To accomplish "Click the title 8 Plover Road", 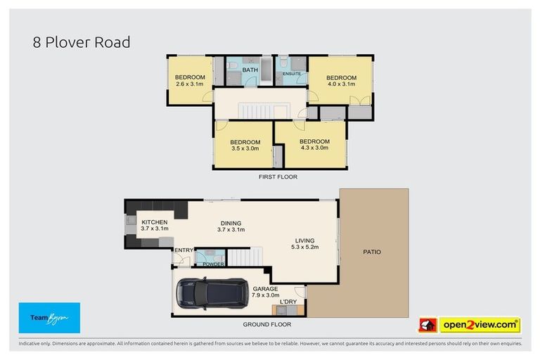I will [81, 42].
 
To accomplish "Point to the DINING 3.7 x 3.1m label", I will [231, 226].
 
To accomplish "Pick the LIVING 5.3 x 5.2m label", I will [306, 243].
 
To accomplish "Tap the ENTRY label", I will [184, 250].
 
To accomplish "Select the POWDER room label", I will [213, 264].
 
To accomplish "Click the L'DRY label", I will [288, 302].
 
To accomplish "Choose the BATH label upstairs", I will [250, 70].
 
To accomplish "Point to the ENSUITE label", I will [292, 73].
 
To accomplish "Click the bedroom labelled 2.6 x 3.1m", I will [190, 80].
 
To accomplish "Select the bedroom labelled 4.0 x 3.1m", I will [341, 81].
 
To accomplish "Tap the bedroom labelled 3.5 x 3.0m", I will [245, 146].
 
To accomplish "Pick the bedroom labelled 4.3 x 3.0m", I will [314, 145].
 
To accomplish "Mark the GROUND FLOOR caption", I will [266, 325].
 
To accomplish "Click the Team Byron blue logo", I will [49, 318].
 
